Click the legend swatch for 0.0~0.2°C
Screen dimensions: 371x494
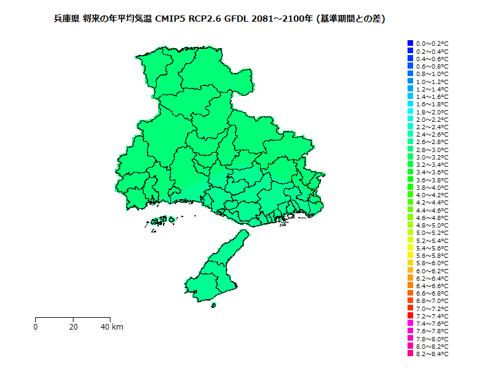[x=410, y=43]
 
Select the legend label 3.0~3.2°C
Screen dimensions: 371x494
[x=432, y=157]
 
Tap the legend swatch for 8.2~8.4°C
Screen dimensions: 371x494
[x=410, y=354]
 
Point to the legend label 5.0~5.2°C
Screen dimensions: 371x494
[x=432, y=233]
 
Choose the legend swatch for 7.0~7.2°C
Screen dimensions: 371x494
[x=410, y=308]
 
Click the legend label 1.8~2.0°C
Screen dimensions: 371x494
[x=432, y=112]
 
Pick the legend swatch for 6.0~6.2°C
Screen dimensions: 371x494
[x=410, y=270]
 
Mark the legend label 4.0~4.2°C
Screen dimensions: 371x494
[x=432, y=195]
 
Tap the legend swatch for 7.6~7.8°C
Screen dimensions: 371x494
[x=410, y=331]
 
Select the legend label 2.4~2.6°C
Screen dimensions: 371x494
[x=432, y=134]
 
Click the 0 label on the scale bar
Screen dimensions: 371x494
[x=36, y=326]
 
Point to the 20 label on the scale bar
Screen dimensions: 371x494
[x=73, y=326]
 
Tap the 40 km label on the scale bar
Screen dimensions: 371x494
[x=112, y=326]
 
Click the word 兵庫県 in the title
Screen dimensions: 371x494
[x=66, y=19]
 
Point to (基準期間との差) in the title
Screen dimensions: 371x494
[x=350, y=19]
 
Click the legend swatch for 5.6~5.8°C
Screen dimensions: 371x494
[x=410, y=255]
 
